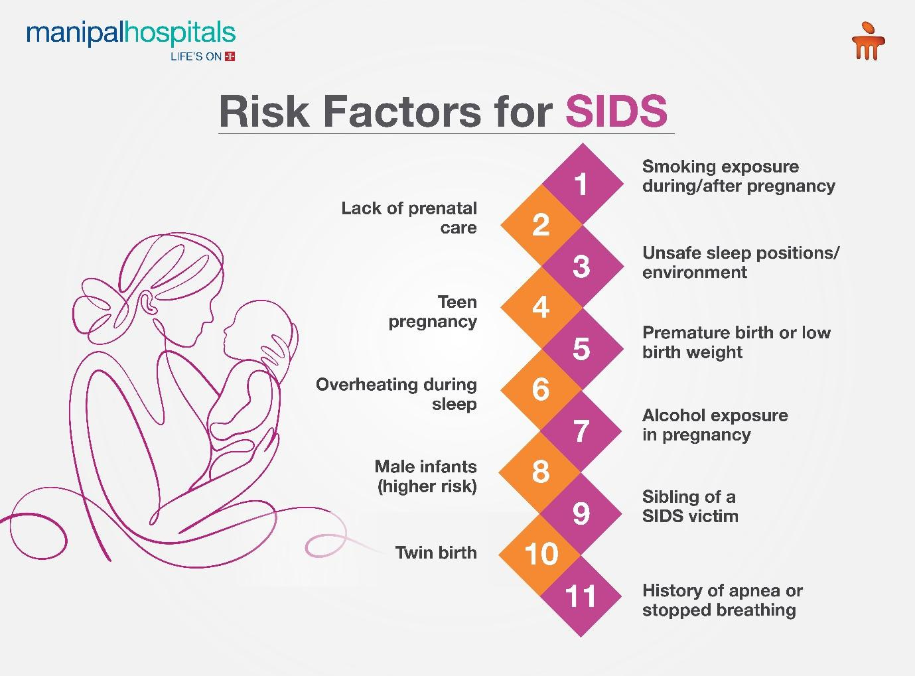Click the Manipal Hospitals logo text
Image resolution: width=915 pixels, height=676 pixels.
(x=131, y=34)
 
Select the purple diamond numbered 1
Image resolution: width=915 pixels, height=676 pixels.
(x=582, y=184)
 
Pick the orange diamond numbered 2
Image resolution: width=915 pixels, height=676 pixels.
(x=541, y=225)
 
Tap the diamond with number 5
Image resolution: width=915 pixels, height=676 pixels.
(x=582, y=348)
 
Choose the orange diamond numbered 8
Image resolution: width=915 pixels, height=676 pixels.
(x=541, y=472)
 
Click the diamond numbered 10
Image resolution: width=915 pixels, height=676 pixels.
(x=541, y=554)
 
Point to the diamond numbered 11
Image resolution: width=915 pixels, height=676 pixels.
(x=582, y=596)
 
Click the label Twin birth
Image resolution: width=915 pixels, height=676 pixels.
(x=436, y=553)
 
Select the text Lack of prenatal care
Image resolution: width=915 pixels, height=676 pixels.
(x=409, y=218)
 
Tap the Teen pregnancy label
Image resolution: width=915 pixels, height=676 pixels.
(x=433, y=311)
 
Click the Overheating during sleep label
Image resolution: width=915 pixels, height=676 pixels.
(x=397, y=394)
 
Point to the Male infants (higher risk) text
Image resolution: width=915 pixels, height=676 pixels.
(x=426, y=476)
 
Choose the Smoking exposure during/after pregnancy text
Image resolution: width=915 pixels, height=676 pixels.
(x=738, y=176)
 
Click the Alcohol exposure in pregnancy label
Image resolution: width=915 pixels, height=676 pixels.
(x=715, y=425)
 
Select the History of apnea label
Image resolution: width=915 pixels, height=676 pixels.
(x=722, y=600)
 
